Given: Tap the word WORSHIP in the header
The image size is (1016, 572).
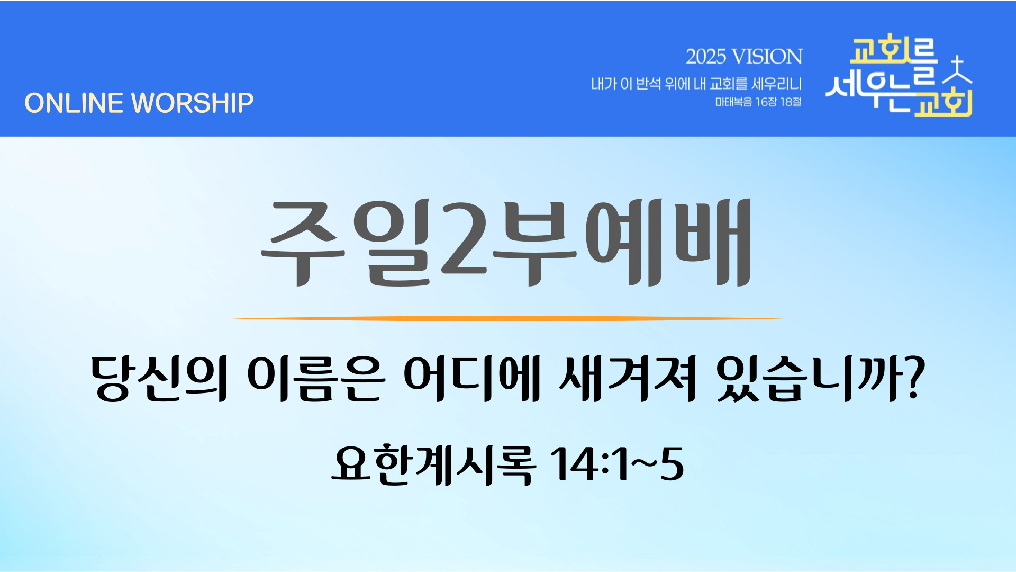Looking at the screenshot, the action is click(x=193, y=103).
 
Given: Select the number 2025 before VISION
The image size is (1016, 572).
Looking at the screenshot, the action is click(x=706, y=57).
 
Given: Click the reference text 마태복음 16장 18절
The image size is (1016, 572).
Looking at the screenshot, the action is click(x=758, y=102).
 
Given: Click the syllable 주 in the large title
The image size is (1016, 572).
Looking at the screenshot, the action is click(x=303, y=243).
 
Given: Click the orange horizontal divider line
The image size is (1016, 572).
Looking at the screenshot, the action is click(x=508, y=318).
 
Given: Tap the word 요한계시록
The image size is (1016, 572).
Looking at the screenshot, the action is click(x=433, y=464).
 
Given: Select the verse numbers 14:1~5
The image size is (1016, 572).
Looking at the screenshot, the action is click(x=617, y=464).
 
